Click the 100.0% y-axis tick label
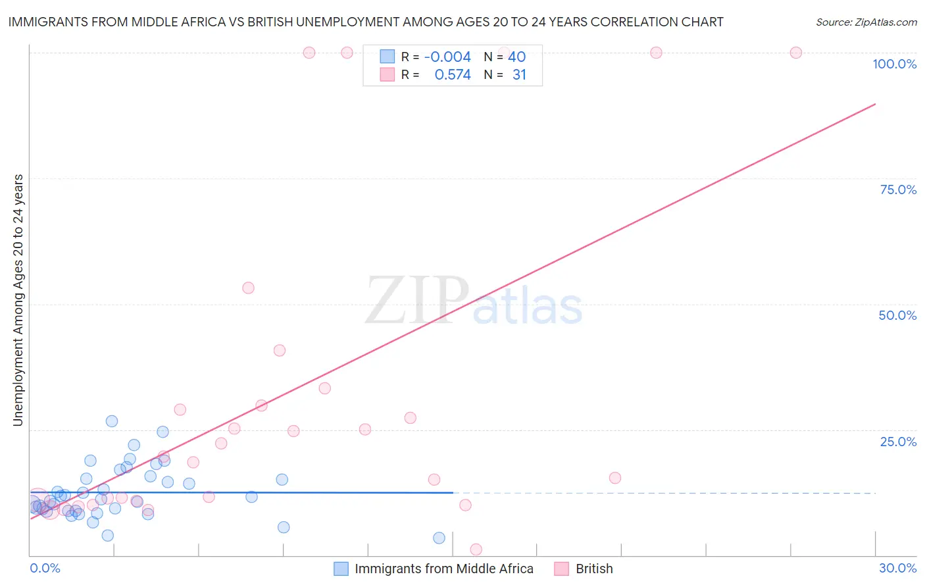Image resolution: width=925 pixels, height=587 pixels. point(894,64)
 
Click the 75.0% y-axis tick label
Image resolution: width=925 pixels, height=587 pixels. point(898,190)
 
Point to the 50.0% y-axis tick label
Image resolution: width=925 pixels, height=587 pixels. point(897,315)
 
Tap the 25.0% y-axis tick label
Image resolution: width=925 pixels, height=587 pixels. point(898,442)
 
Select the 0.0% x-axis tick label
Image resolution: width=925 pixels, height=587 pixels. point(45,568)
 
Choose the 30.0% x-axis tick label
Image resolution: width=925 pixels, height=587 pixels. point(897,568)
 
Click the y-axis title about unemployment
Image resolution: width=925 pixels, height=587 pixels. point(18,300)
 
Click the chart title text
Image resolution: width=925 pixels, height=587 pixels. point(366,22)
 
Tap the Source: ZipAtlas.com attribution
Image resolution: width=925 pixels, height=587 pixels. point(866,22)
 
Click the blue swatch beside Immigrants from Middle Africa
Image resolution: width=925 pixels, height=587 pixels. point(341,569)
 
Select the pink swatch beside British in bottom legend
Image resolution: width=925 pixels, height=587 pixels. point(561,569)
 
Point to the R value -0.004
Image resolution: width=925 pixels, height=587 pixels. point(447,57)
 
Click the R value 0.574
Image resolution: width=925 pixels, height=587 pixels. point(453,75)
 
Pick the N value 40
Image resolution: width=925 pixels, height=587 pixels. point(516,57)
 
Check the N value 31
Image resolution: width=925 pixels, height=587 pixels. point(519,75)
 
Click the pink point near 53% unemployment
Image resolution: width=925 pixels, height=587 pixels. point(248,288)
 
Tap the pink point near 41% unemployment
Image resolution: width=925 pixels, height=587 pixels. point(280,350)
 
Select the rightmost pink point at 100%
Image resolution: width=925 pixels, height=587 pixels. point(795,53)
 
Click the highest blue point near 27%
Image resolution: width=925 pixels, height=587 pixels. point(112,421)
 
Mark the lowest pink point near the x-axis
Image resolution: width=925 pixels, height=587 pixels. point(476,549)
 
